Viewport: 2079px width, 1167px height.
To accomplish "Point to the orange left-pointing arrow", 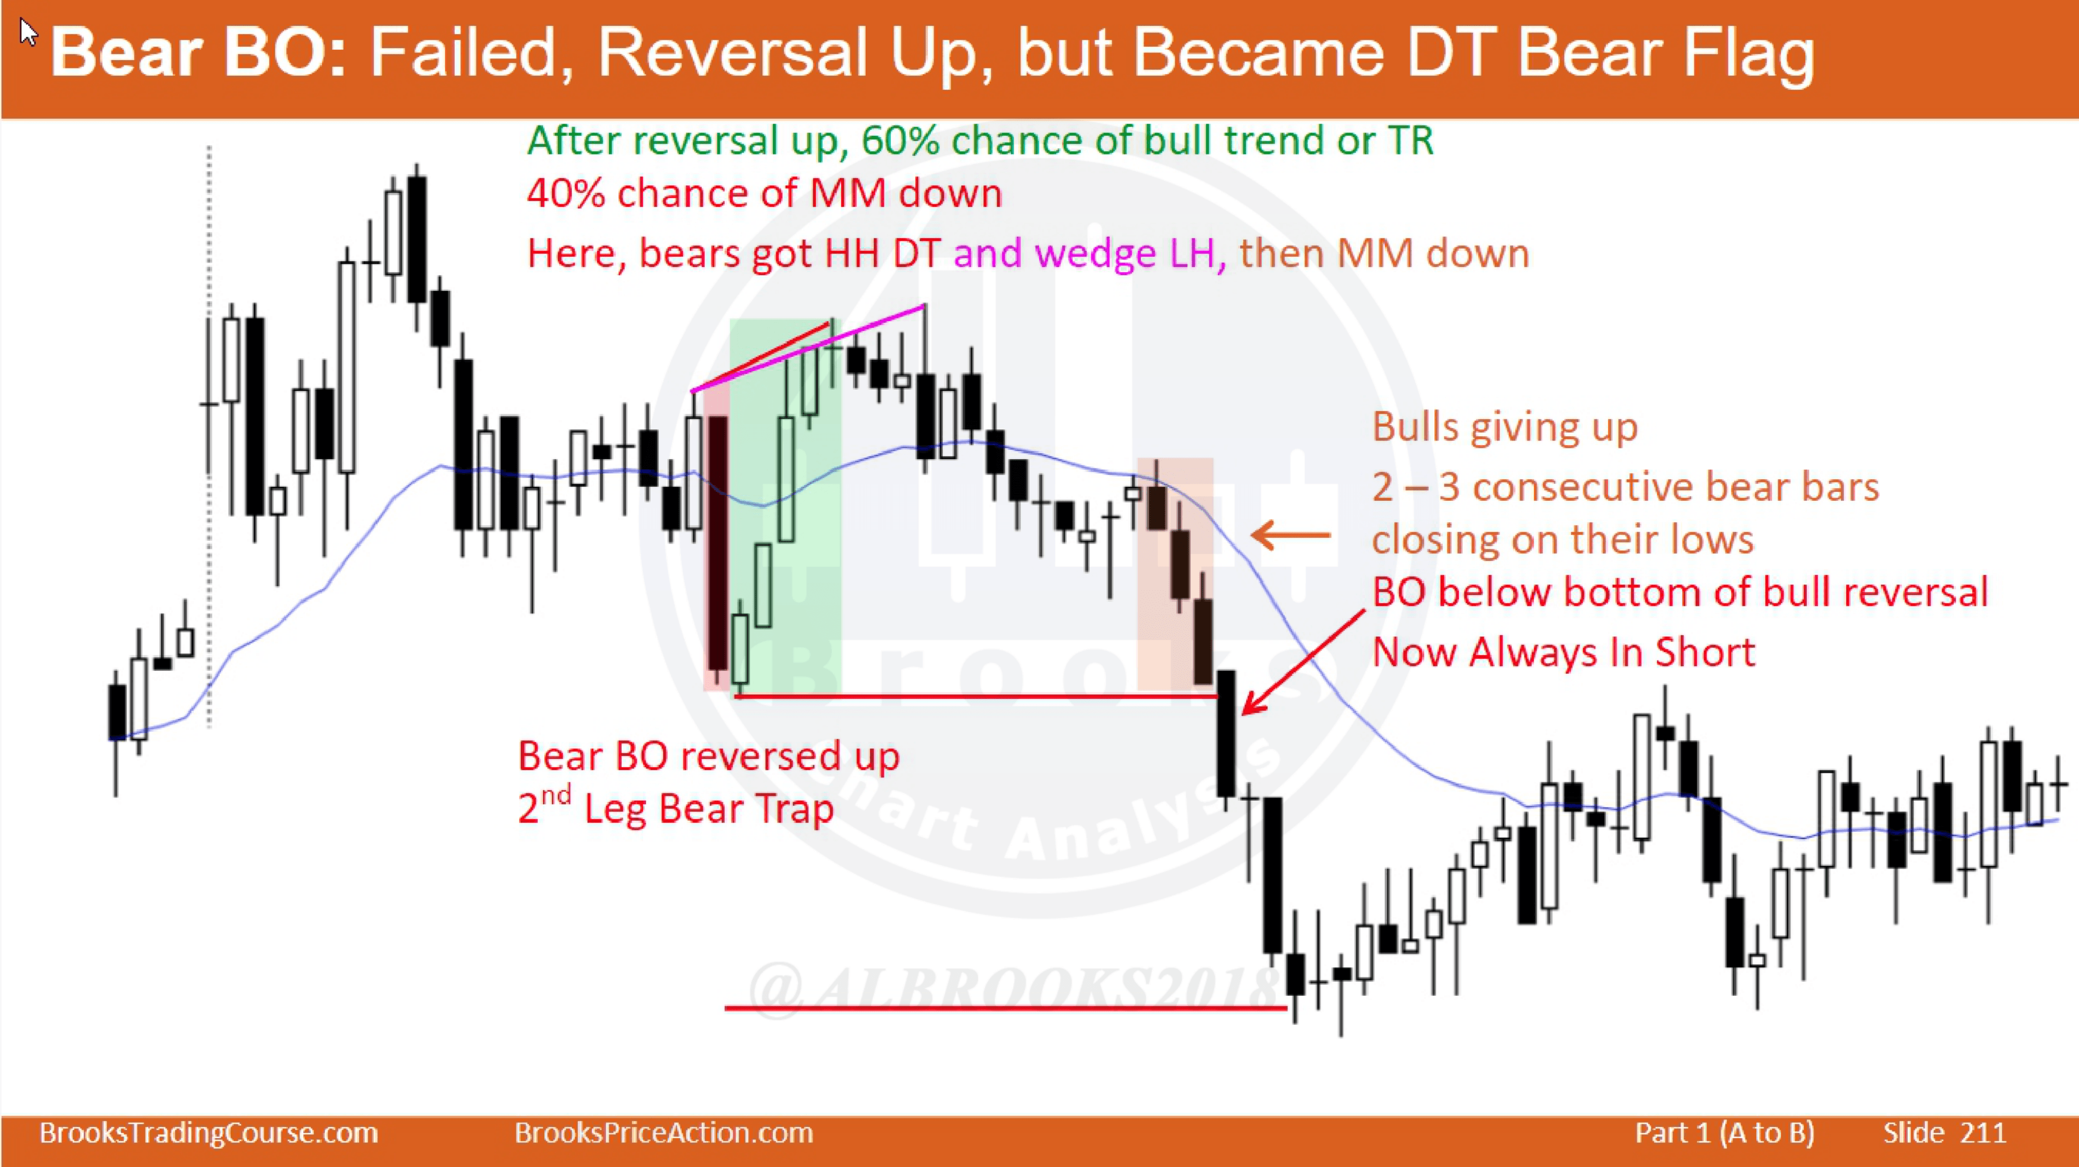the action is pyautogui.click(x=1291, y=534).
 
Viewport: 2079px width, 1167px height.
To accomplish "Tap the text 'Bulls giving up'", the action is pyautogui.click(x=1505, y=428).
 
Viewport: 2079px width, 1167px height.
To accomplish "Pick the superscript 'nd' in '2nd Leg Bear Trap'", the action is pyautogui.click(x=555, y=795).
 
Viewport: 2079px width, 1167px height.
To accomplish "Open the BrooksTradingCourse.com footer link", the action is pyautogui.click(x=209, y=1133).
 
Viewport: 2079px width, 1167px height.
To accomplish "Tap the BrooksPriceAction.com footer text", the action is pyautogui.click(x=663, y=1133).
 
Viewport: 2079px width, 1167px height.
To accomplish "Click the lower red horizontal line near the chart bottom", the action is pyautogui.click(x=1005, y=1007).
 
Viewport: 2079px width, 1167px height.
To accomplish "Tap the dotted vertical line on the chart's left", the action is pyautogui.click(x=209, y=436).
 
